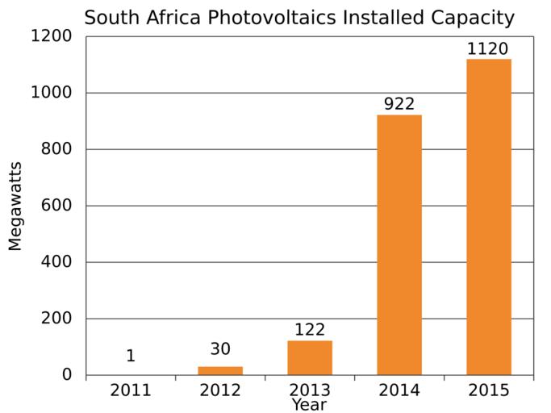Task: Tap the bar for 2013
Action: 310,357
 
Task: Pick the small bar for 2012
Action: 220,370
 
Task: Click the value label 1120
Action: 488,49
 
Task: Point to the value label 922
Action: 399,105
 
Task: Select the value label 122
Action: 310,330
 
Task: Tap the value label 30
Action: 220,349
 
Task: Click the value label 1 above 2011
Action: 131,357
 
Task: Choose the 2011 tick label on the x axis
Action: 131,390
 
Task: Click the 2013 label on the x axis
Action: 310,390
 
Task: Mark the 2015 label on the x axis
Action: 488,390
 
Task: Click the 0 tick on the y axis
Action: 68,375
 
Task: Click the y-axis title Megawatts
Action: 15,206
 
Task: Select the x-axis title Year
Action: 309,405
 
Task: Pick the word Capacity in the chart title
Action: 474,17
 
